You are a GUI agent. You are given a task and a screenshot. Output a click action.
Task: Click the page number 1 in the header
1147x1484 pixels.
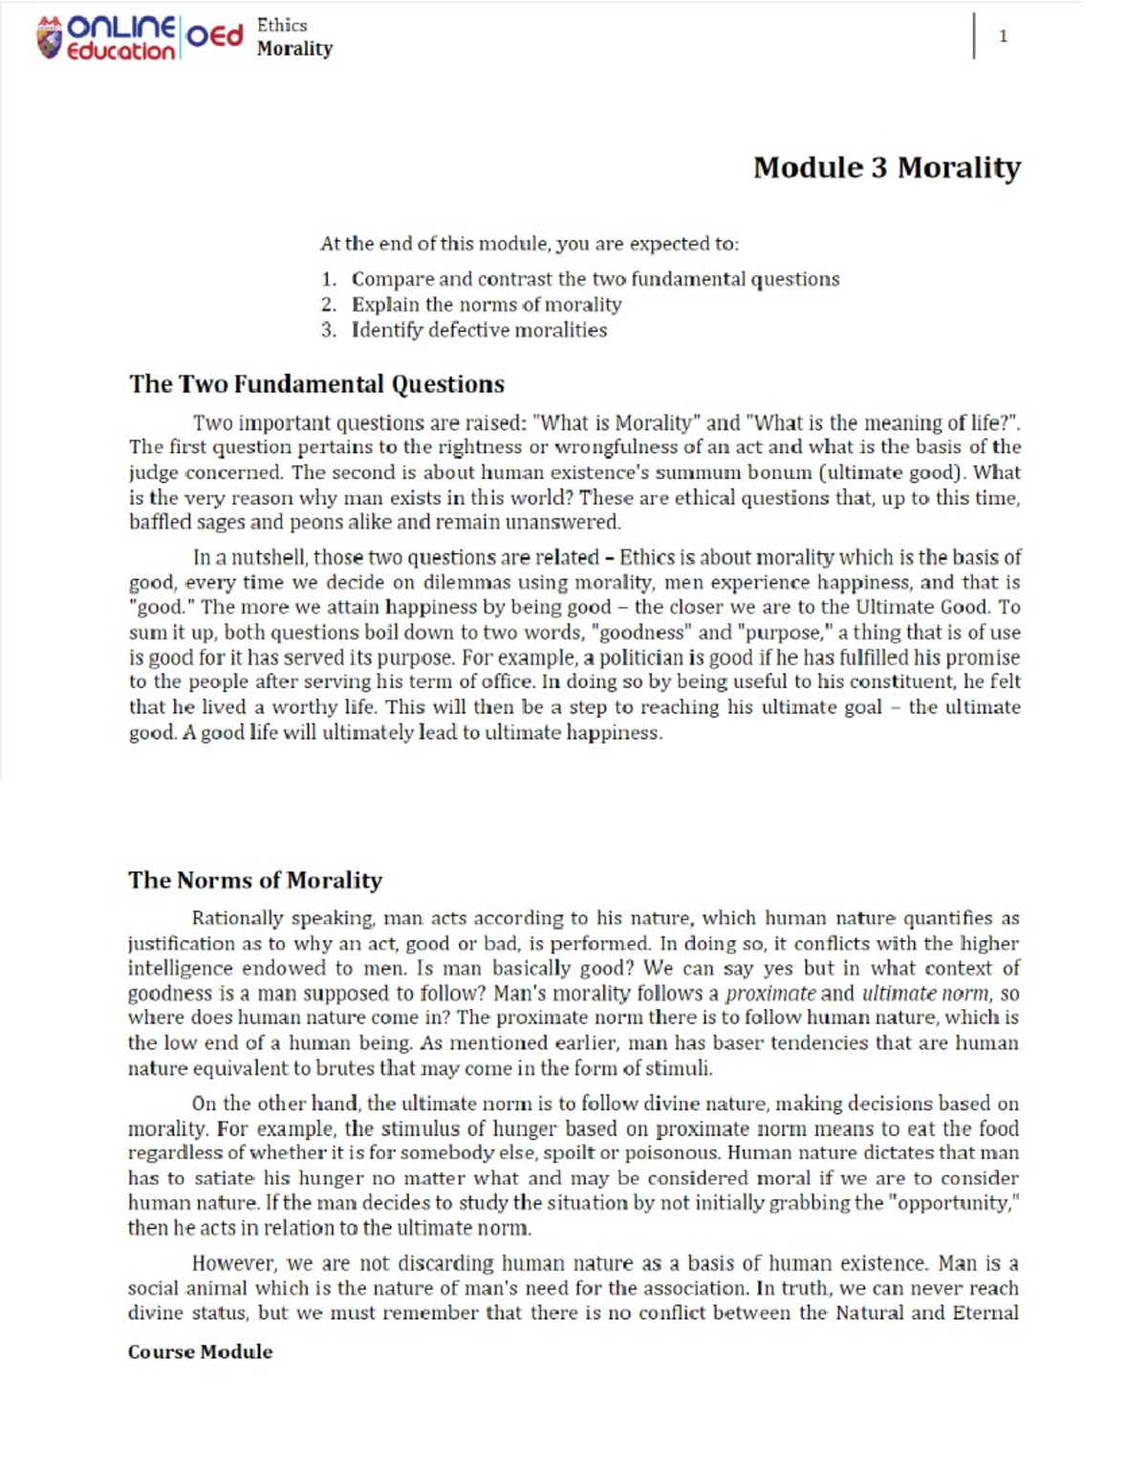pyautogui.click(x=1003, y=36)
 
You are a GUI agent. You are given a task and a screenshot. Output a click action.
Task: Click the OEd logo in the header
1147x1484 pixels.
pyautogui.click(x=214, y=36)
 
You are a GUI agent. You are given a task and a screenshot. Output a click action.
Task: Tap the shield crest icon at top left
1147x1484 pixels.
pyautogui.click(x=48, y=38)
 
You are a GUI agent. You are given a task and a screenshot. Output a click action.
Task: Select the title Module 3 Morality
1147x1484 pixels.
pyautogui.click(x=886, y=167)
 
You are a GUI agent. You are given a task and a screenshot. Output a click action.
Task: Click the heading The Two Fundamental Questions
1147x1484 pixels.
pyautogui.click(x=316, y=384)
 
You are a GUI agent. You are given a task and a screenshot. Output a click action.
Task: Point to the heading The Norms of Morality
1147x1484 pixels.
pyautogui.click(x=255, y=880)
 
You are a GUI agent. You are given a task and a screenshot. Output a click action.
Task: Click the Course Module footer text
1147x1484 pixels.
pyautogui.click(x=200, y=1351)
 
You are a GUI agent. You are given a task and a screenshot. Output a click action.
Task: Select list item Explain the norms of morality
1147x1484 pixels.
pyautogui.click(x=486, y=305)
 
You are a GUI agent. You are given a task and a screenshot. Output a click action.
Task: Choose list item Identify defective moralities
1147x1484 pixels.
pyautogui.click(x=479, y=330)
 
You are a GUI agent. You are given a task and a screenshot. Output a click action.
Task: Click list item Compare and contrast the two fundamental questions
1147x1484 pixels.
pyautogui.click(x=595, y=279)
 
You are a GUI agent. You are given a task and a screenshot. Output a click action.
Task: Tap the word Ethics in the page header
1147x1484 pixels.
pyautogui.click(x=282, y=26)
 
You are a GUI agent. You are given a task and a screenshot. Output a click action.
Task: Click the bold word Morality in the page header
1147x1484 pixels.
pyautogui.click(x=294, y=49)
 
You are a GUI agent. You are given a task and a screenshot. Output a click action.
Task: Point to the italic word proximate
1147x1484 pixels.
pyautogui.click(x=770, y=993)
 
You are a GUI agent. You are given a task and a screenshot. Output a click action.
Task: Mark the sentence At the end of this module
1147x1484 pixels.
pyautogui.click(x=529, y=244)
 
